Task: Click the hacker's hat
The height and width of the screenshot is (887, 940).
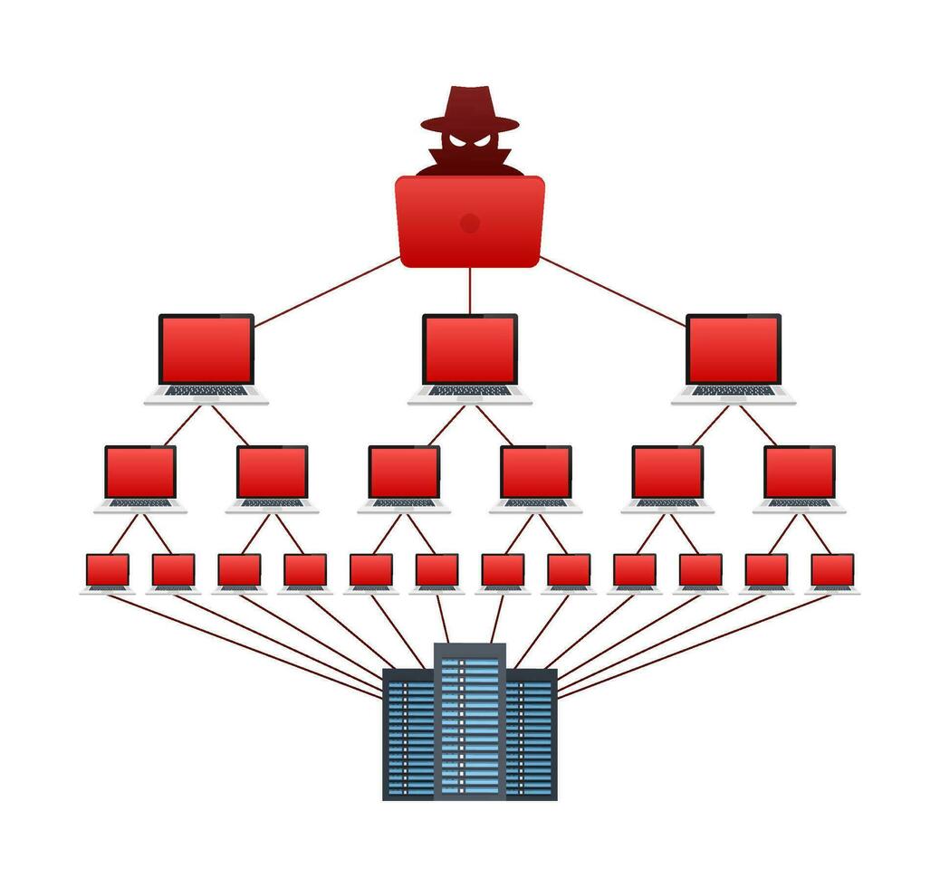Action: click(x=469, y=109)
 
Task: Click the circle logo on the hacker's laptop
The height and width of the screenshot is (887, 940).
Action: click(x=469, y=223)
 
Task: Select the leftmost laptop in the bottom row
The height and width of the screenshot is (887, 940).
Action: click(x=108, y=571)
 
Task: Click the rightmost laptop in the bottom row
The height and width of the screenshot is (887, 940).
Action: click(x=832, y=571)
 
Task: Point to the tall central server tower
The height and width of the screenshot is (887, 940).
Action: click(x=469, y=720)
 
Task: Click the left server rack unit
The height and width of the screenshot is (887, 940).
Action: click(x=408, y=733)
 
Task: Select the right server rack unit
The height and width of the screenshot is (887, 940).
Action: click(x=531, y=733)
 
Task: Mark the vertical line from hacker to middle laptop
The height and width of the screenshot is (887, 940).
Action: click(x=470, y=290)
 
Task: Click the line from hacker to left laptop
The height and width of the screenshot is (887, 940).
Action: click(x=326, y=291)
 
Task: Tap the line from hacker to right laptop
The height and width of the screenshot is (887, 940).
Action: click(x=613, y=291)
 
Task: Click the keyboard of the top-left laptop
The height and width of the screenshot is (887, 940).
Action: click(x=206, y=391)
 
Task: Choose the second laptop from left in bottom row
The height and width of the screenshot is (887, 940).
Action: click(x=173, y=571)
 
